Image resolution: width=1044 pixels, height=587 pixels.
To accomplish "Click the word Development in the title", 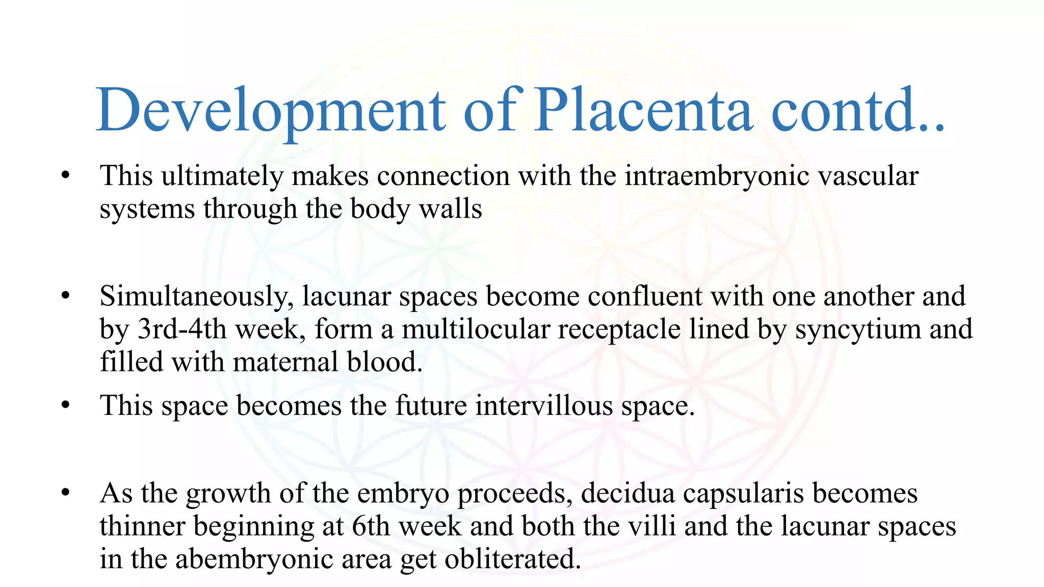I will [271, 111].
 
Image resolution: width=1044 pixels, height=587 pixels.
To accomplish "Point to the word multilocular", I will [476, 329].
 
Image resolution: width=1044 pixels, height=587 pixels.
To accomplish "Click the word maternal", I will [286, 362].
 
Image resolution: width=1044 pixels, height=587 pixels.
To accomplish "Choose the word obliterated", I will [512, 559].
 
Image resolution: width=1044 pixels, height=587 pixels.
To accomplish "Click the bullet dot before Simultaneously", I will [65, 296].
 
